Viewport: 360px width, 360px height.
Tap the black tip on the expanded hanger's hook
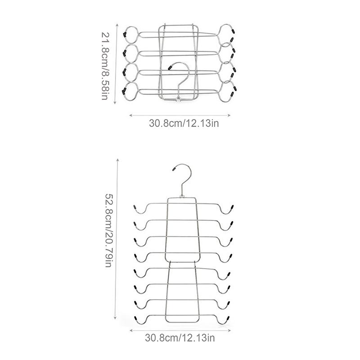[174, 170]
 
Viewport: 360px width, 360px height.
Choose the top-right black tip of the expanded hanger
[233, 207]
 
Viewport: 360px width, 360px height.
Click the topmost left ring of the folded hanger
[131, 34]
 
